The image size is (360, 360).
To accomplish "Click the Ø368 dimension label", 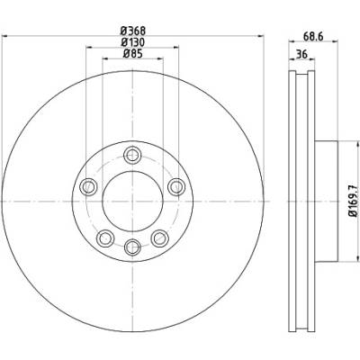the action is tap(132, 31).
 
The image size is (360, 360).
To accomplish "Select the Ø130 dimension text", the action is tap(132, 42).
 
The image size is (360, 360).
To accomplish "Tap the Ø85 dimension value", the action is tap(132, 54).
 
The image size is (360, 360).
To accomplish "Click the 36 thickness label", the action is tap(301, 55).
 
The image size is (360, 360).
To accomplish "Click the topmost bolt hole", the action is tap(132, 155).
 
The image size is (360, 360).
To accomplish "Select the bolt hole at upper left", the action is tap(88, 187).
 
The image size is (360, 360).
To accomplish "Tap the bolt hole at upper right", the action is tap(176, 187).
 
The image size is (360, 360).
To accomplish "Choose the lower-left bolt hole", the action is tap(105, 238).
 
